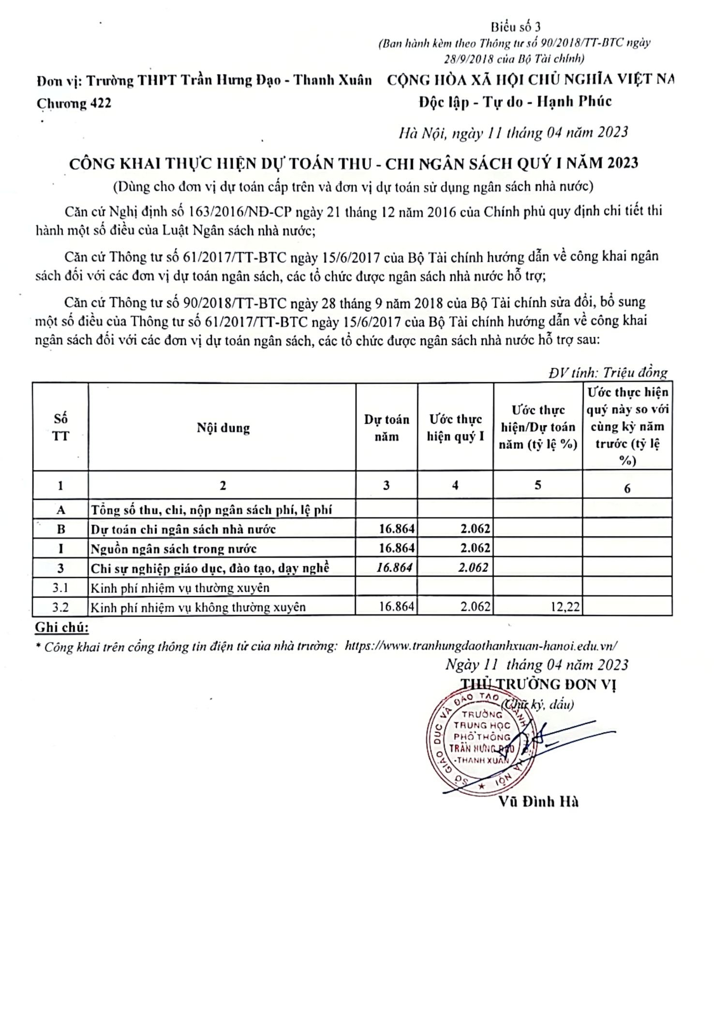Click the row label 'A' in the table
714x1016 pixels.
(60, 509)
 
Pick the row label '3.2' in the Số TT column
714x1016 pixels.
(60, 607)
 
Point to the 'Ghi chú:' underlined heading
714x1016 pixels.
(62, 628)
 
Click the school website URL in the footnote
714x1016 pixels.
(481, 645)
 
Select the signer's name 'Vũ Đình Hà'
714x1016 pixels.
(538, 802)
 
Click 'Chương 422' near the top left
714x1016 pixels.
(74, 103)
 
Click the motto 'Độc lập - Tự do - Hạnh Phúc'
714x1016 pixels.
(515, 102)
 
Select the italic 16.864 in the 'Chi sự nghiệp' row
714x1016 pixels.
(395, 568)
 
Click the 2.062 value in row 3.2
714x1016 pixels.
(475, 606)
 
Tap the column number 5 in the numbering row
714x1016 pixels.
(538, 485)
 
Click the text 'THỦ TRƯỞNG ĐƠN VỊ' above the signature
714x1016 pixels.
(538, 684)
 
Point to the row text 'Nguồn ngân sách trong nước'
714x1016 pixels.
(174, 549)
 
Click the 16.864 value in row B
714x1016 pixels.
(397, 529)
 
